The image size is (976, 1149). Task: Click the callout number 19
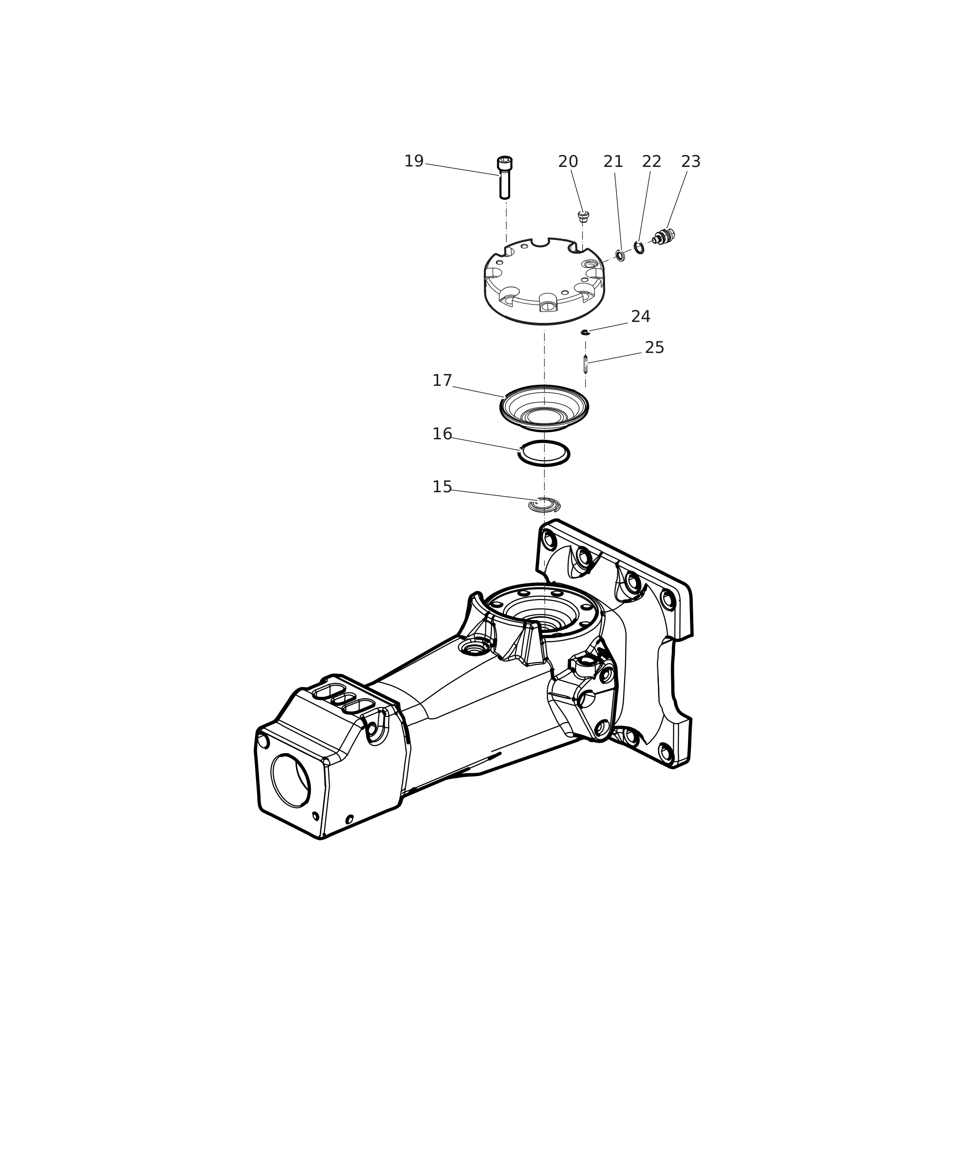pos(414,162)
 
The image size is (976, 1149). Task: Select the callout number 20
pos(568,162)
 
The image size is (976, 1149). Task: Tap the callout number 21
pos(613,162)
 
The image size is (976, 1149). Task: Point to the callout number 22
pos(652,162)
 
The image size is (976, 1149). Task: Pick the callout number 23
pos(690,162)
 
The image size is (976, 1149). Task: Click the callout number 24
pos(641,317)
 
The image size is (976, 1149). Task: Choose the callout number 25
pos(655,348)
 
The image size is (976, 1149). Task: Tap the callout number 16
pos(442,435)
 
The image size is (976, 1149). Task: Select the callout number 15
pos(442,487)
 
